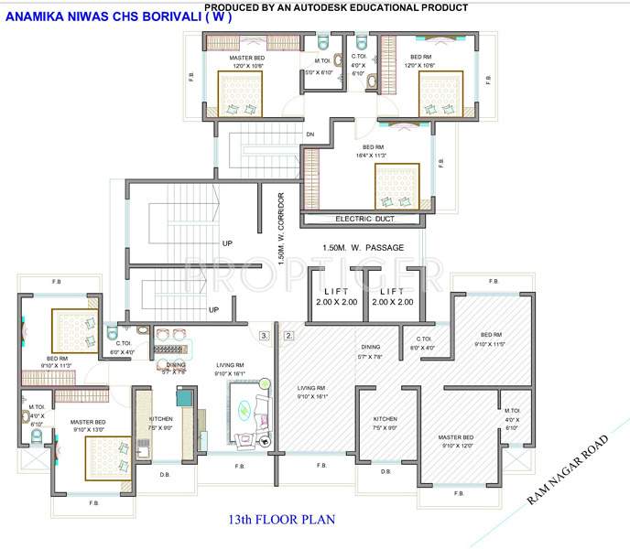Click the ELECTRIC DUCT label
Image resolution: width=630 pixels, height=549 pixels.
(x=364, y=220)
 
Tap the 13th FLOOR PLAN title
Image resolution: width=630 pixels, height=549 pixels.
(x=282, y=520)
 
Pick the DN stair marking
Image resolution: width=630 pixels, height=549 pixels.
(x=310, y=135)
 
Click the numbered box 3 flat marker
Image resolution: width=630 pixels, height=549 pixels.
(x=265, y=336)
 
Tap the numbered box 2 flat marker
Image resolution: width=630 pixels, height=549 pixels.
(x=288, y=336)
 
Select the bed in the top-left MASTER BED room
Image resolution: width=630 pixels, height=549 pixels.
(x=240, y=95)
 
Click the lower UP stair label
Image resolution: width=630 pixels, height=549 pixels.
(x=213, y=309)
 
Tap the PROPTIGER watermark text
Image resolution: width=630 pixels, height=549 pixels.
(x=315, y=273)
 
